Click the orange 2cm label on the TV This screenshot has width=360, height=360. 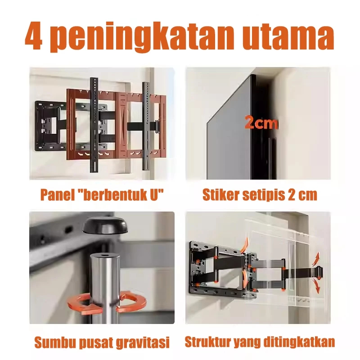pyautogui.click(x=261, y=122)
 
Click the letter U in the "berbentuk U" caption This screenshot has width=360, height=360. pyautogui.click(x=154, y=195)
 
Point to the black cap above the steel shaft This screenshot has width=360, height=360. pyautogui.click(x=105, y=225)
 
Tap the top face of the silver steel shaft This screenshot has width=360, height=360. pyautogui.click(x=105, y=256)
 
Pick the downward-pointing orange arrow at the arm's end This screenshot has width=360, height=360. pyautogui.click(x=316, y=286)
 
